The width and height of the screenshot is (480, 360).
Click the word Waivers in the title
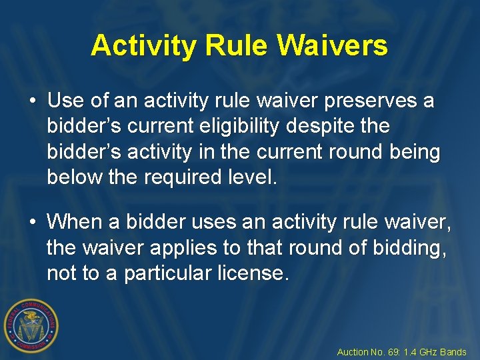pyautogui.click(x=333, y=45)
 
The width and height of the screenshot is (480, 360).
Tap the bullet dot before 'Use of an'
pyautogui.click(x=33, y=102)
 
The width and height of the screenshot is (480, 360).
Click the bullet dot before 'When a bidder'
pyautogui.click(x=33, y=221)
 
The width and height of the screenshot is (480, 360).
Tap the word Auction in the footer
pyautogui.click(x=352, y=352)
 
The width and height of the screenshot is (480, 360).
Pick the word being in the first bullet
pyautogui.click(x=414, y=152)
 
